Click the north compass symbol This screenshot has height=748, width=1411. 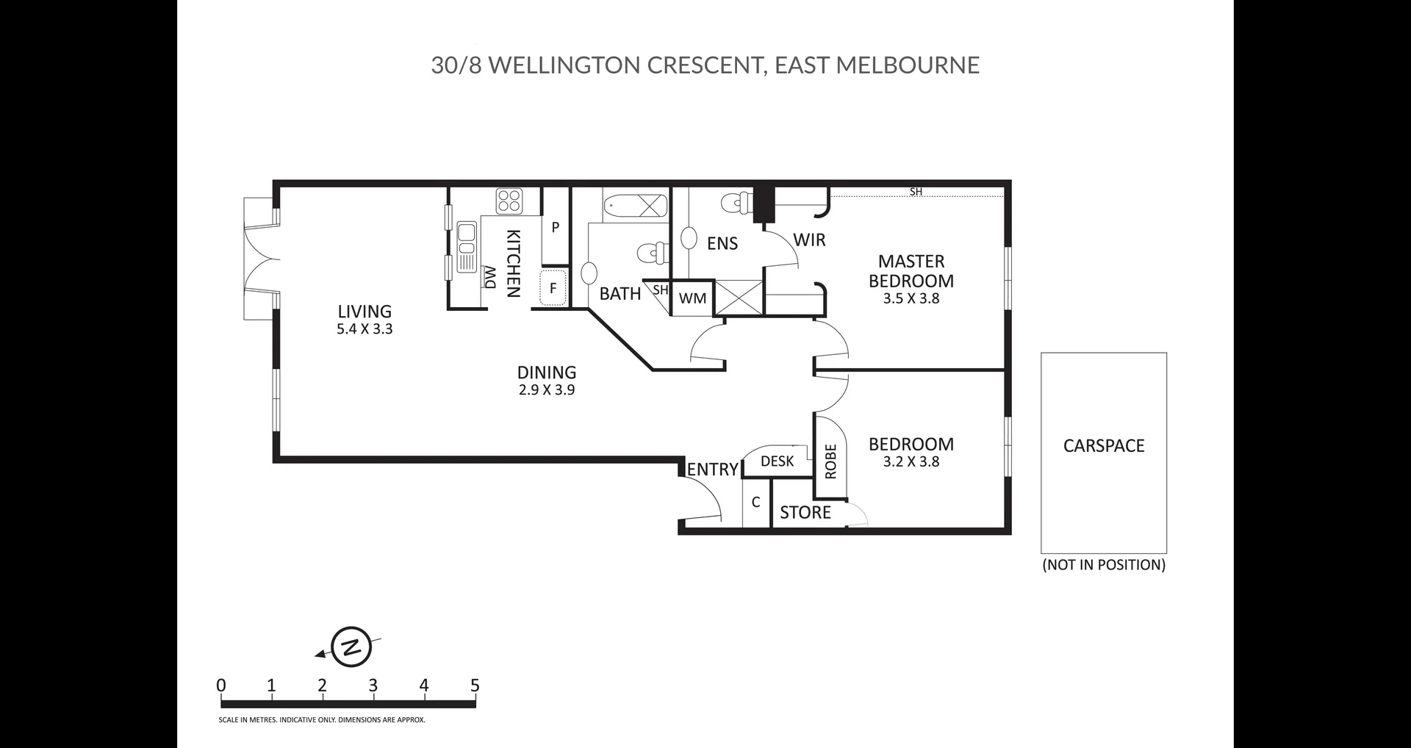point(351,647)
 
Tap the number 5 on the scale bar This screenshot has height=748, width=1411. point(475,686)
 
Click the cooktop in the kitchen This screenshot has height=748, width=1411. point(509,201)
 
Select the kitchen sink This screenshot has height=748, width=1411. point(467,246)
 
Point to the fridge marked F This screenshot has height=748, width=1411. point(554,289)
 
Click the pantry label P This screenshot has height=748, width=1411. point(556,228)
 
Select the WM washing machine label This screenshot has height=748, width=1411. point(692,298)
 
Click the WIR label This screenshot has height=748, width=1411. point(809,240)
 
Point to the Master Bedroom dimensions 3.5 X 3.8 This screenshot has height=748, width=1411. point(911,299)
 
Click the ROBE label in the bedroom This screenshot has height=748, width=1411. point(831,461)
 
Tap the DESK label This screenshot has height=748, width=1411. point(778,461)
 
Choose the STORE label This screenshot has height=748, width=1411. point(805,513)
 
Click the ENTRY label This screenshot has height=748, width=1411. point(713,470)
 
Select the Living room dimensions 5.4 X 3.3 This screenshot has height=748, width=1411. point(365,329)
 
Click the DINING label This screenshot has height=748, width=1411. point(547,373)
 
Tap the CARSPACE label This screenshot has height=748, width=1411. point(1104,446)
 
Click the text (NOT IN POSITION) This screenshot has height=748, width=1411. point(1104,565)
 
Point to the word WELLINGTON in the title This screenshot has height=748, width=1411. point(564,65)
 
